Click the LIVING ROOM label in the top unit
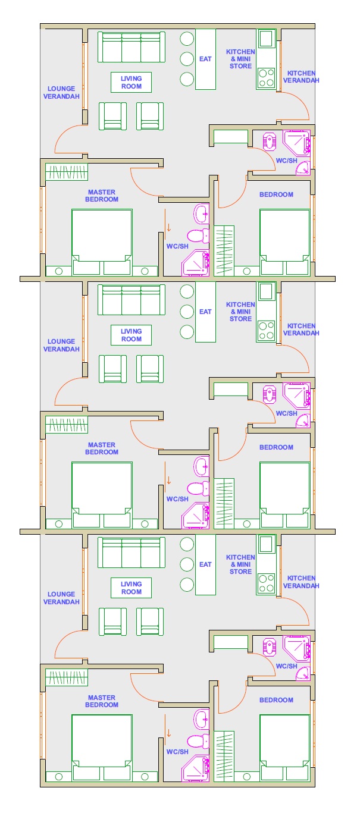pos(131,83)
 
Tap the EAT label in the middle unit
pos(205,312)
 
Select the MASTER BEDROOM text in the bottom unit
pos(102,701)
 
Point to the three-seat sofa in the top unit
pos(131,47)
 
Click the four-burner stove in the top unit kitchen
pos(266,78)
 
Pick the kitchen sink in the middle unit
pos(266,291)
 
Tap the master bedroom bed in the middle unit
pos(102,495)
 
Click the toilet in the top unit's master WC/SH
pos(198,236)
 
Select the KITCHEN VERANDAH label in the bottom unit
pos(301,582)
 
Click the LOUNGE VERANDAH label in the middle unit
pos(61,345)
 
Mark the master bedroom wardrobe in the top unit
pos(67,172)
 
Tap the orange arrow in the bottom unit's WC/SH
pos(168,733)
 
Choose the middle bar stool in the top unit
pos(187,59)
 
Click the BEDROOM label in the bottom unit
pos(276,700)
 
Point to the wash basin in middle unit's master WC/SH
pos(202,466)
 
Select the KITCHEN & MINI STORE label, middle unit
pos(240,312)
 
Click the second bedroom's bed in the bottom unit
pos(285,748)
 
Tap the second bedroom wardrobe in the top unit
pos(224,250)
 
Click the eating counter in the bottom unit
pos(206,565)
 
